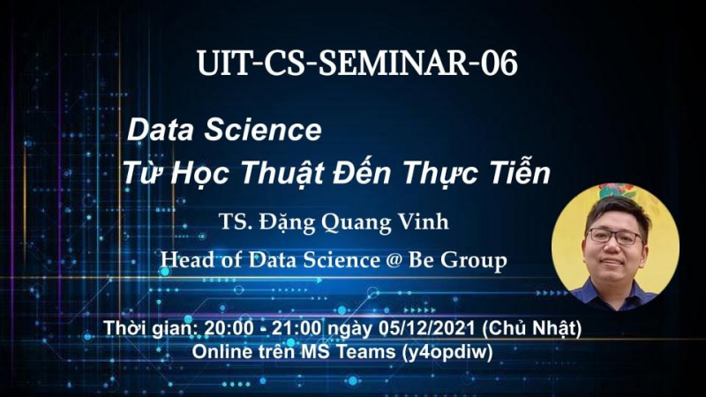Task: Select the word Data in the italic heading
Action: tap(161, 130)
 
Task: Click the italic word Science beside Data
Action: tap(263, 130)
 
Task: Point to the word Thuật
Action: tap(282, 172)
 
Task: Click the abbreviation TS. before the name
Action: tap(235, 222)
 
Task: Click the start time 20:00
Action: tap(229, 328)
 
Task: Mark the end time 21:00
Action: tap(297, 328)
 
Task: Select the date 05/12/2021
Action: tap(426, 328)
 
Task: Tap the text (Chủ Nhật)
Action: tap(532, 328)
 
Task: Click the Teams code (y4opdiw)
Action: tap(447, 352)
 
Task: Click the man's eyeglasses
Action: tap(614, 236)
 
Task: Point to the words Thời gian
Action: tap(151, 328)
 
